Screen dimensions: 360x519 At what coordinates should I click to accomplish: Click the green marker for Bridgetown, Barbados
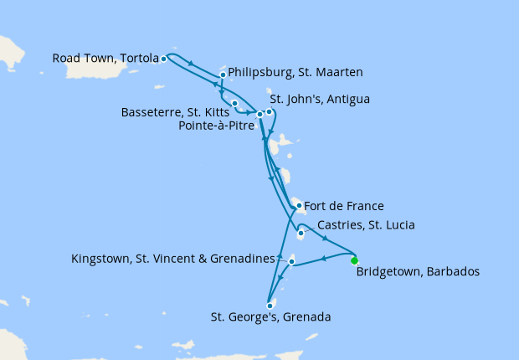pyautogui.click(x=354, y=260)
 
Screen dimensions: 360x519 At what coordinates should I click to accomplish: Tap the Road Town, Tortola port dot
pyautogui.click(x=163, y=59)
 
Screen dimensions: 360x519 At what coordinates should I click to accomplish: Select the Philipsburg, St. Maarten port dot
pyautogui.click(x=223, y=75)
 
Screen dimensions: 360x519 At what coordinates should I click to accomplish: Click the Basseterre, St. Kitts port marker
pyautogui.click(x=234, y=103)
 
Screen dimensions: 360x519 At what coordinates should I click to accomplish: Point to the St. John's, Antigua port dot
pyautogui.click(x=269, y=111)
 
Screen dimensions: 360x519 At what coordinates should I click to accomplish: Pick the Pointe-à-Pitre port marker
pyautogui.click(x=259, y=114)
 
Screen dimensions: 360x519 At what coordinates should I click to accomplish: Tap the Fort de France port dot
pyautogui.click(x=299, y=205)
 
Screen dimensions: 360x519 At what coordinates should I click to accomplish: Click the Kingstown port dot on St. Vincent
pyautogui.click(x=291, y=262)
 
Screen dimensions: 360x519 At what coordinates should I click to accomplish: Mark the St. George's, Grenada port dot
pyautogui.click(x=270, y=306)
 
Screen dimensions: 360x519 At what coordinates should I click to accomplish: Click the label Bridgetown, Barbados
pyautogui.click(x=418, y=272)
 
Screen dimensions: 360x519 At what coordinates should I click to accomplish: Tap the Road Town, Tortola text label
pyautogui.click(x=105, y=59)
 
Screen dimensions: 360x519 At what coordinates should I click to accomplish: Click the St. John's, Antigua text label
pyautogui.click(x=319, y=99)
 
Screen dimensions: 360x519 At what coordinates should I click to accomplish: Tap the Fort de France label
pyautogui.click(x=344, y=205)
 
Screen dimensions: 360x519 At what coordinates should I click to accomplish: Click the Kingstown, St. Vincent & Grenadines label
pyautogui.click(x=173, y=259)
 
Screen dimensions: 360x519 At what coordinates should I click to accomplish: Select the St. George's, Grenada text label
pyautogui.click(x=270, y=317)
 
